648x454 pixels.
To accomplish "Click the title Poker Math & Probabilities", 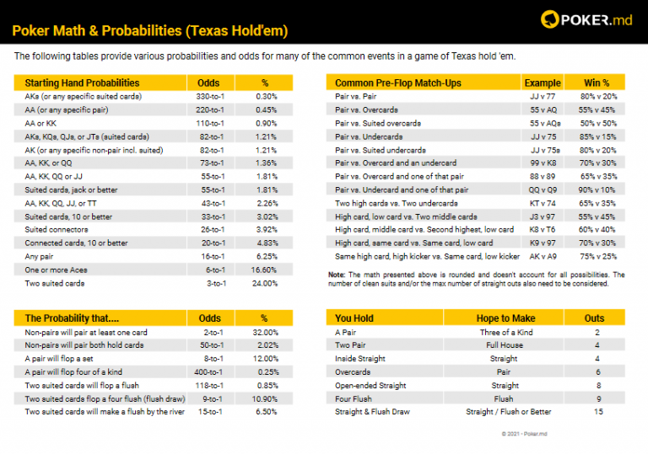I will pyautogui.click(x=150, y=31).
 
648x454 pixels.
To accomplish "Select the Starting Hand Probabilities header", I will pyautogui.click(x=82, y=83).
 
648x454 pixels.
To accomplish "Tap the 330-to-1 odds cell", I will pyautogui.click(x=208, y=97).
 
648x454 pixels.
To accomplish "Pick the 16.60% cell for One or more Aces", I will pyautogui.click(x=264, y=270).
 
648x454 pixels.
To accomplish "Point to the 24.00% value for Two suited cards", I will pyautogui.click(x=264, y=283).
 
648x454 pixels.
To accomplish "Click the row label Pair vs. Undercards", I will pyautogui.click(x=369, y=136).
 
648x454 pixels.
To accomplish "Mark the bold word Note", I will pyautogui.click(x=337, y=275).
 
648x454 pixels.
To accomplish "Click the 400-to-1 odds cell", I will pyautogui.click(x=208, y=371).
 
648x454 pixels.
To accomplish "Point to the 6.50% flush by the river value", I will pyautogui.click(x=264, y=411).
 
